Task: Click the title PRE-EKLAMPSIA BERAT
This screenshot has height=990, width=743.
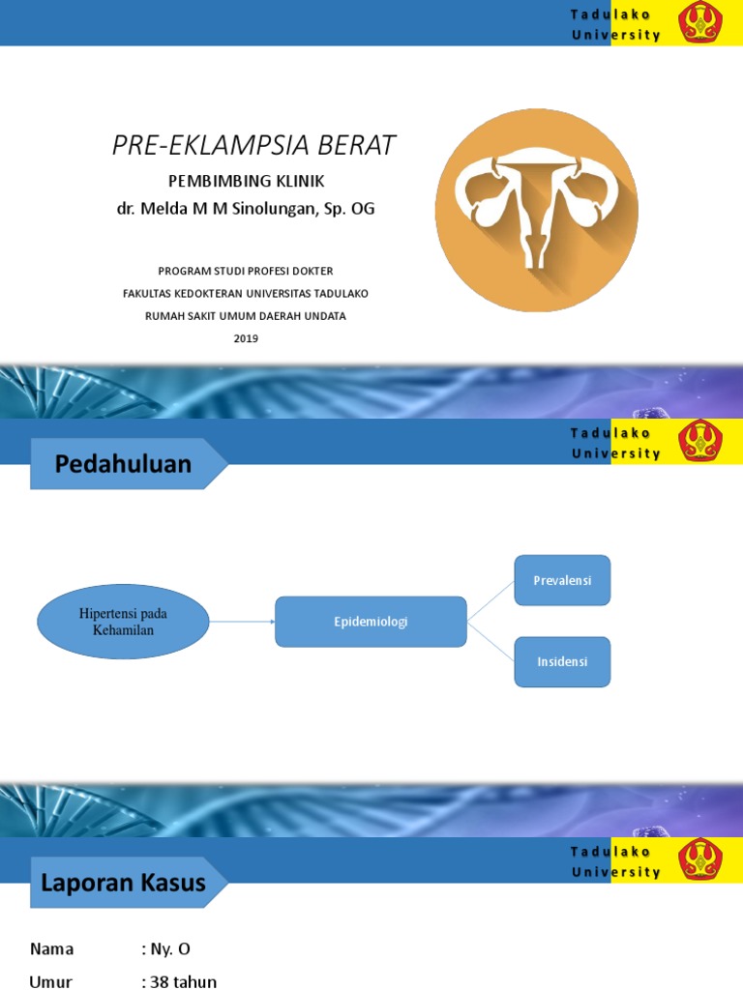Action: pos(253,145)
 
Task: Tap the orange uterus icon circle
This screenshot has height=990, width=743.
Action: pos(536,209)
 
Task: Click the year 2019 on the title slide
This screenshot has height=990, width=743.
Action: pos(246,338)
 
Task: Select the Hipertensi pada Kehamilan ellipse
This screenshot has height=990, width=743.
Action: pos(123,622)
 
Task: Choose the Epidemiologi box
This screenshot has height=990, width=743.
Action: pos(371,622)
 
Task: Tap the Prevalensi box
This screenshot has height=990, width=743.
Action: pos(562,580)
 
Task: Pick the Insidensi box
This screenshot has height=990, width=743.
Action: pos(562,662)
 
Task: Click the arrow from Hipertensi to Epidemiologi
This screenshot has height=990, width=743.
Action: pos(242,622)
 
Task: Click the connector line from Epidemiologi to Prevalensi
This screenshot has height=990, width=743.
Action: pos(490,600)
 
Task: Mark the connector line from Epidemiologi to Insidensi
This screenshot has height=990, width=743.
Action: pos(490,642)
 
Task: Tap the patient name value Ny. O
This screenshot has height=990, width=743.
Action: pos(172,948)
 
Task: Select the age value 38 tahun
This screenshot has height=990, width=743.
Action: pos(179,981)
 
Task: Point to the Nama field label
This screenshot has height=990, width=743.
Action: pos(51,948)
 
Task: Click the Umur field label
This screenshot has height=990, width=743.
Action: pos(51,981)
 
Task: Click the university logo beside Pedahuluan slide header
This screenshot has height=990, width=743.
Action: pos(698,441)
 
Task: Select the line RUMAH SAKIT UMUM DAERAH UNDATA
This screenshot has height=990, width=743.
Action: pos(246,315)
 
